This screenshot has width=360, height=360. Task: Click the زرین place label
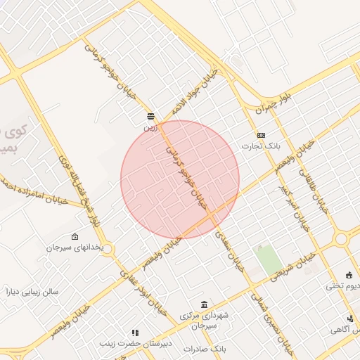coord(150,128)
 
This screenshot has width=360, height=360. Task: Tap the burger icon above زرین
coord(150,115)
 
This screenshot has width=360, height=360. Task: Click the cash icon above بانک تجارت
coord(262,135)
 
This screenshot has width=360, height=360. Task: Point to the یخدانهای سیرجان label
coord(75,248)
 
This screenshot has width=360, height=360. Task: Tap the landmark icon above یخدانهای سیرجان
coord(75,237)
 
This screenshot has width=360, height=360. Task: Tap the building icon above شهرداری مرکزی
coord(204,304)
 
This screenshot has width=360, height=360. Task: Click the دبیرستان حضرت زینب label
coord(134,344)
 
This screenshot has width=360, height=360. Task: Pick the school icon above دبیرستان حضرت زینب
coord(134,333)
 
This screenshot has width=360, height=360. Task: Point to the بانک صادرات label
coord(203,349)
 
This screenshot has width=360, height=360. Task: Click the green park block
coord(267,260)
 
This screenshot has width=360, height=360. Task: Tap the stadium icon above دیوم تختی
coord(349,275)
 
